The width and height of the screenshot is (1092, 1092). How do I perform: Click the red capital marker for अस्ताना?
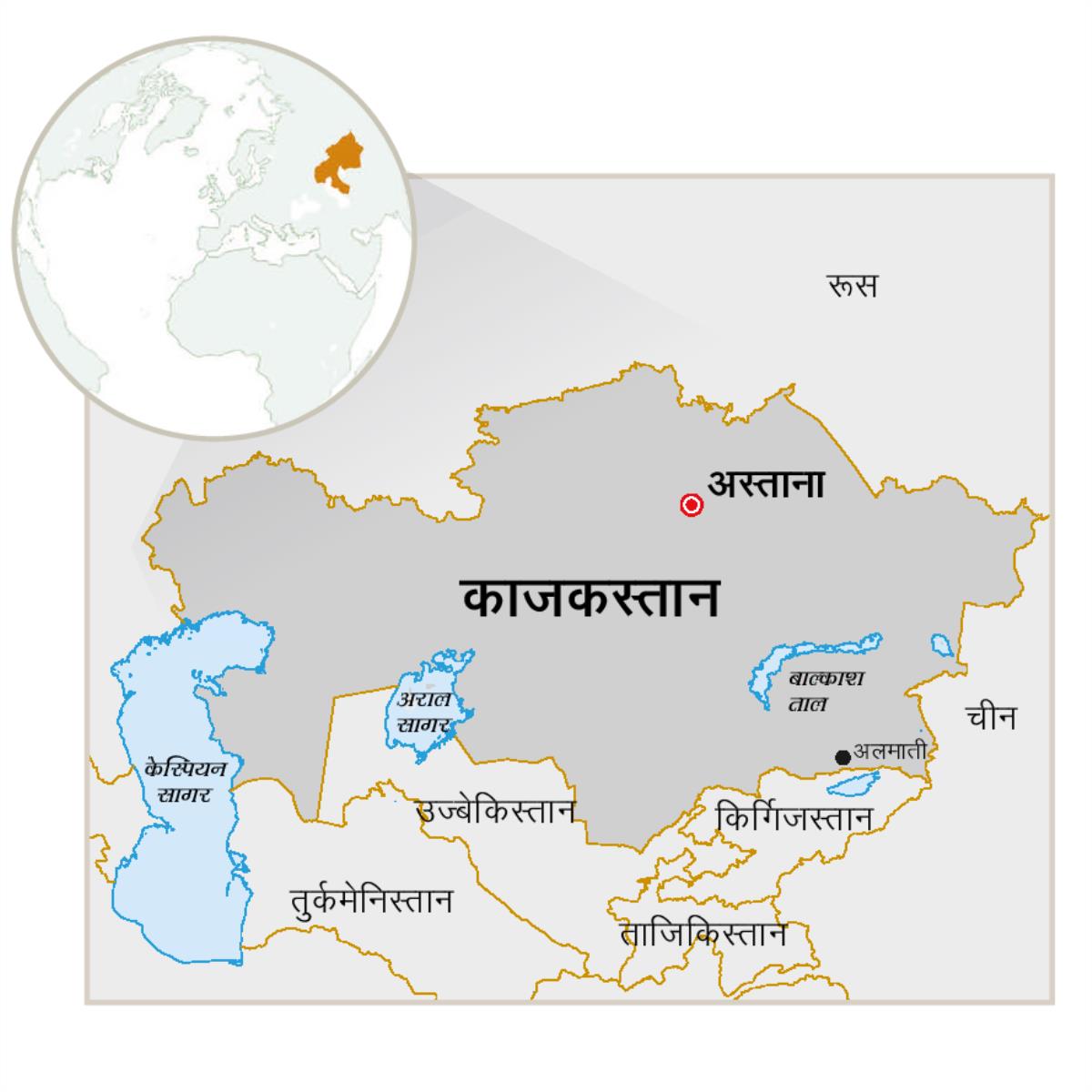[692, 505]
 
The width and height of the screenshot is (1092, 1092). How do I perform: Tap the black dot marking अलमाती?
[843, 757]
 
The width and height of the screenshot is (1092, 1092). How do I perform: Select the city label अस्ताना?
[766, 483]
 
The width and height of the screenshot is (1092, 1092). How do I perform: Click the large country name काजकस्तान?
[590, 600]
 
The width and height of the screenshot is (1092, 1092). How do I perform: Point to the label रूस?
[853, 285]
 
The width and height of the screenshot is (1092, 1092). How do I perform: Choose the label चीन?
[991, 718]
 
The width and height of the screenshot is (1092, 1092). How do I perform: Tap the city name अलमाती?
[890, 753]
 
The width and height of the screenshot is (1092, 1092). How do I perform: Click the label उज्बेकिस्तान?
[497, 810]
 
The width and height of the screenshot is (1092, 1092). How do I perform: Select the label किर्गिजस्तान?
[794, 817]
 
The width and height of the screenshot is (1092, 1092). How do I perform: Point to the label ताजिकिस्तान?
[703, 935]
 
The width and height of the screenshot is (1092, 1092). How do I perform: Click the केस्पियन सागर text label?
[185, 781]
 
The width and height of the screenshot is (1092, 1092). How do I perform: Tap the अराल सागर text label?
[425, 712]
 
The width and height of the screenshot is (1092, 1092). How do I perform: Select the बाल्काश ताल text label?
[825, 691]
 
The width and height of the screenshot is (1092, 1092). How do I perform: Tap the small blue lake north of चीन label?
[941, 645]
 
